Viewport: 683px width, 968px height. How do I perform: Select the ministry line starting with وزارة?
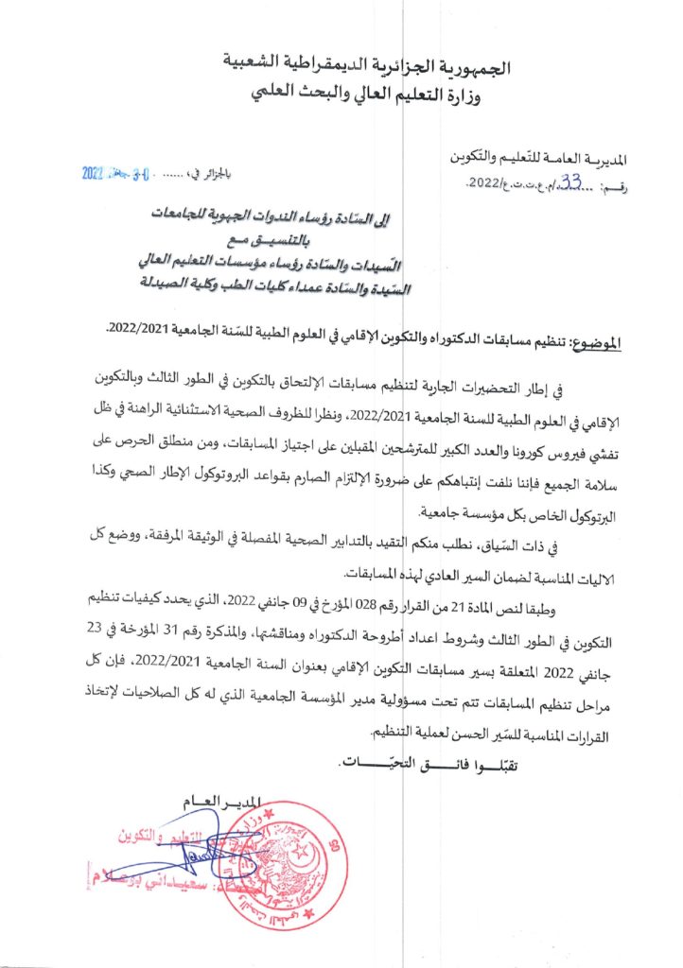click(373, 94)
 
